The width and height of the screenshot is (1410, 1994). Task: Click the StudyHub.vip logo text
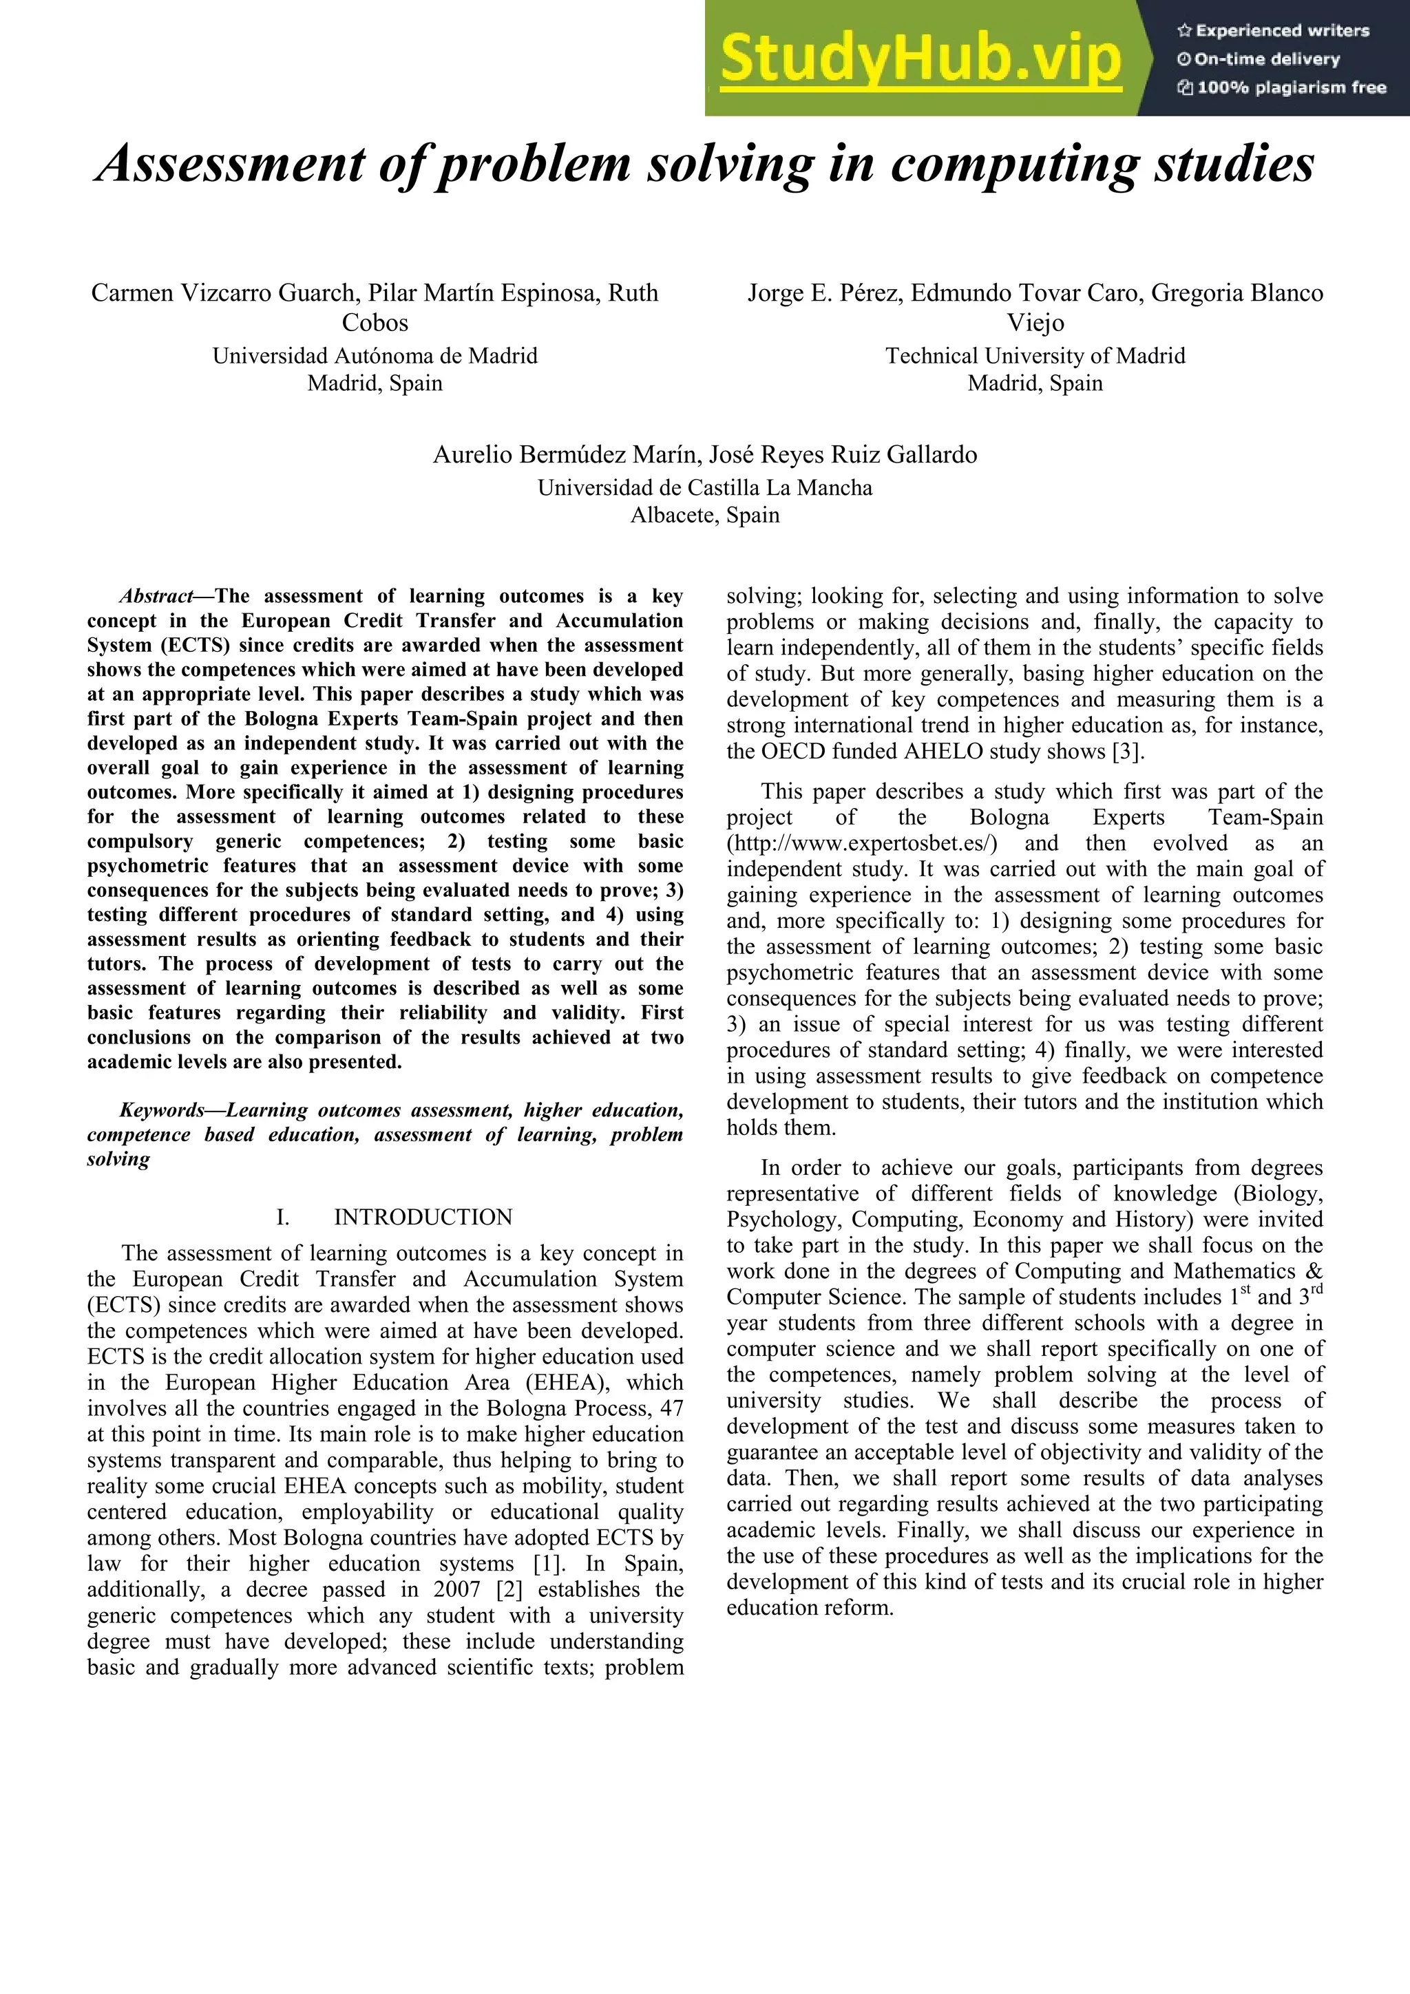click(921, 59)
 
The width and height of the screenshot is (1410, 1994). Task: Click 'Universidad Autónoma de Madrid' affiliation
click(375, 356)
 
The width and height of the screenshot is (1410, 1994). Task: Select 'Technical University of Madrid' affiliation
click(1035, 356)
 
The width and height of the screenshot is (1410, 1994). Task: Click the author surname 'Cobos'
click(375, 323)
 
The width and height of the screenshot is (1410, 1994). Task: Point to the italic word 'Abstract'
click(156, 597)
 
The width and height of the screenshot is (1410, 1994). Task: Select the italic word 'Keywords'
click(162, 1111)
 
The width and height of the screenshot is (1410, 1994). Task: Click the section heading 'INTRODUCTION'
click(423, 1218)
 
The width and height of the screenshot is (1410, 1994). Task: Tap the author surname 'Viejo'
click(1035, 323)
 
